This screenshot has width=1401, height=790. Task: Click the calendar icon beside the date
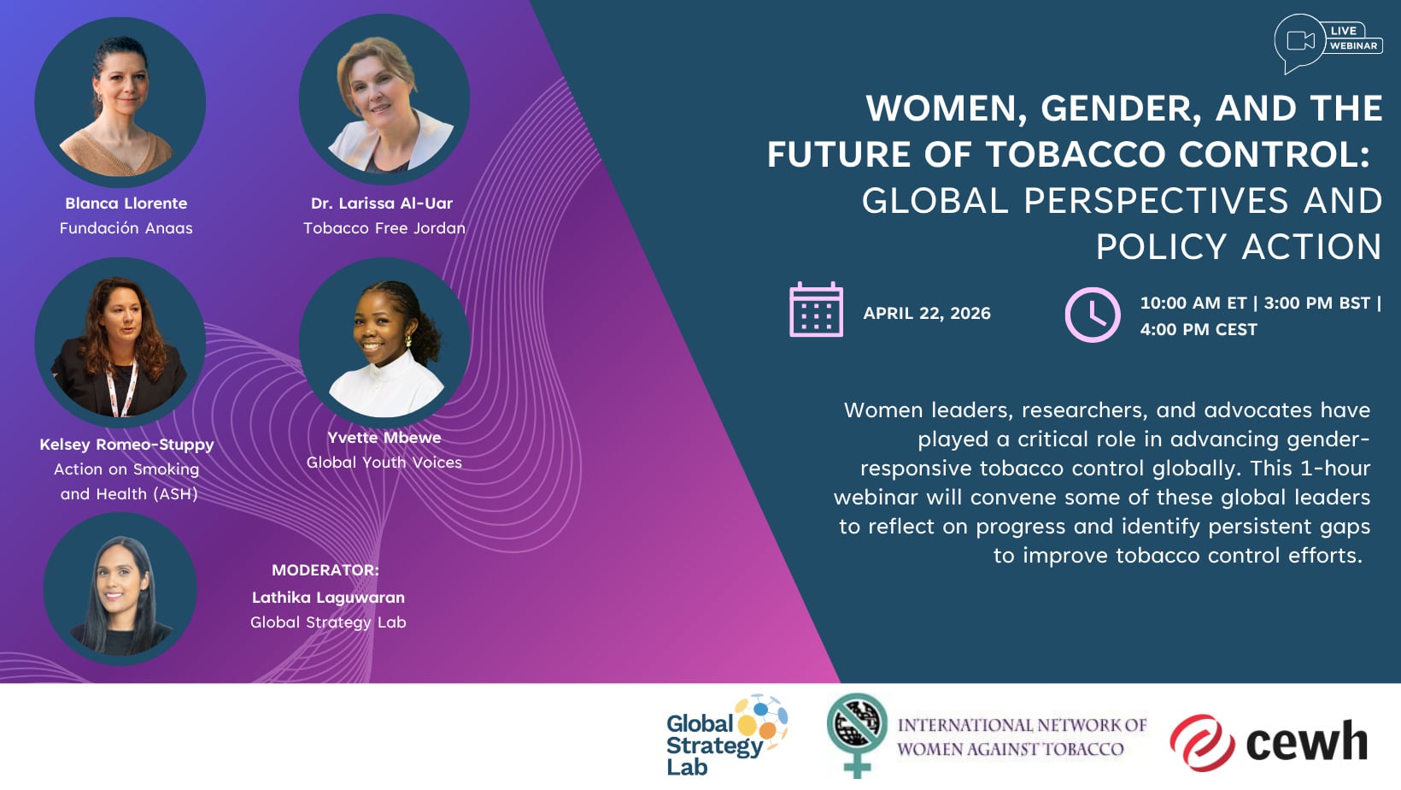(816, 310)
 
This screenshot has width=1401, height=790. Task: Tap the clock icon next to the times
(1093, 315)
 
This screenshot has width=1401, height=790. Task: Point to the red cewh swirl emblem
(1202, 743)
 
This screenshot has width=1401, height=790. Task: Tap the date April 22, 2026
(927, 313)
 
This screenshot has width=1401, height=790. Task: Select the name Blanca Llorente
(126, 203)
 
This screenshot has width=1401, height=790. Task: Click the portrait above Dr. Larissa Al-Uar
(384, 99)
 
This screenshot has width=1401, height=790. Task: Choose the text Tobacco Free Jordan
(384, 228)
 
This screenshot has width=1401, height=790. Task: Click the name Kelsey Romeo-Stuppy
(127, 445)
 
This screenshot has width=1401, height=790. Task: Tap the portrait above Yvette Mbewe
(384, 342)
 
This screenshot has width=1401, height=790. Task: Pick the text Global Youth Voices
(384, 463)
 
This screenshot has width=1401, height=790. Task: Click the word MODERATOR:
(325, 570)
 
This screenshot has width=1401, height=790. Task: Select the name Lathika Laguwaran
(328, 598)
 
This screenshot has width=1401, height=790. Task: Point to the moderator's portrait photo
(120, 589)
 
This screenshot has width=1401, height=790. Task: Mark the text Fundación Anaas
(126, 228)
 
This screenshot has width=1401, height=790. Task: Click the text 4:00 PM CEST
(1199, 329)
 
